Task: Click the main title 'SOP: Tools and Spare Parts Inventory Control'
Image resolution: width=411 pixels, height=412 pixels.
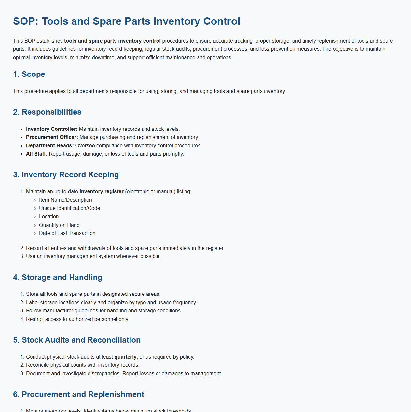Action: (127, 21)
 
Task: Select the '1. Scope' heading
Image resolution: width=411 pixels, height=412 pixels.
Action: (29, 74)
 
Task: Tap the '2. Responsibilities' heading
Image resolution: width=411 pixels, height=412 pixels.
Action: (47, 112)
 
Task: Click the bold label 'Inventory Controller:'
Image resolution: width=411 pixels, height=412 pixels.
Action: (52, 129)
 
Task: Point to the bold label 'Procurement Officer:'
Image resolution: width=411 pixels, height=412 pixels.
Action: (52, 137)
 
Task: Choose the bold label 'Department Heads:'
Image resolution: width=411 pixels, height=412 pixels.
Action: (50, 146)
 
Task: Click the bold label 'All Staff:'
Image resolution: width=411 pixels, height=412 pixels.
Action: (37, 154)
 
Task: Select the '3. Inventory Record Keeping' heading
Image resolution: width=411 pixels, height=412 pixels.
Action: (66, 175)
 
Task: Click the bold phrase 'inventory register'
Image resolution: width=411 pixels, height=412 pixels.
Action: (102, 192)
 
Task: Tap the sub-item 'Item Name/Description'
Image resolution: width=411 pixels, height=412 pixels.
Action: (65, 200)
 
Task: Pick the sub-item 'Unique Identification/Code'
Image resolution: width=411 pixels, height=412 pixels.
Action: (69, 208)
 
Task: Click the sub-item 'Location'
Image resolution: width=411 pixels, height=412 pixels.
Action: (49, 217)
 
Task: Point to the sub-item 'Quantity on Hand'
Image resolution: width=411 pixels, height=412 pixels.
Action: (59, 225)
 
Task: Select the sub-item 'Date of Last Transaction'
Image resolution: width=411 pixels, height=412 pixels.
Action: (67, 233)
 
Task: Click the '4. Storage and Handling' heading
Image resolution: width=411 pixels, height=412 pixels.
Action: (58, 277)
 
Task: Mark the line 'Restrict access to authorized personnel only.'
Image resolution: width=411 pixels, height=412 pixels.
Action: (77, 319)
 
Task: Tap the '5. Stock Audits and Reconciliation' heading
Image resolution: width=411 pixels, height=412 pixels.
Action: (77, 340)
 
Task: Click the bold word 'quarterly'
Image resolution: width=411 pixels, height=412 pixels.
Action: (125, 357)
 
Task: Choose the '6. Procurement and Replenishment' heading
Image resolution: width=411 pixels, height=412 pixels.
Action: (78, 394)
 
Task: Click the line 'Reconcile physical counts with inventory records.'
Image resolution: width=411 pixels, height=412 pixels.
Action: (83, 365)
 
